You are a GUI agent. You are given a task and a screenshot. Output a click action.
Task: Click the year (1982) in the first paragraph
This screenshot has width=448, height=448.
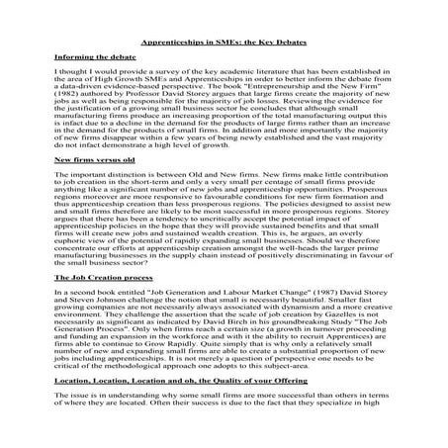click(68, 101)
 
